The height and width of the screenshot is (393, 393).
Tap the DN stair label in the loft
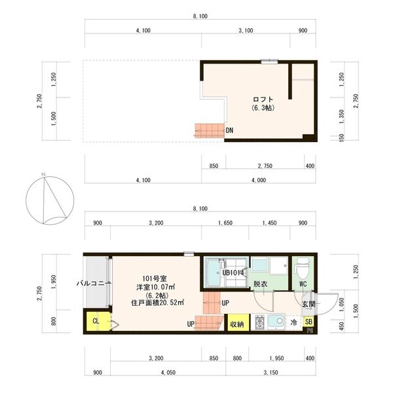coord(229,130)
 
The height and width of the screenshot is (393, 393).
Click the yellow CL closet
coord(96,321)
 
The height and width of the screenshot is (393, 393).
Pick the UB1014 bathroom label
coord(233,272)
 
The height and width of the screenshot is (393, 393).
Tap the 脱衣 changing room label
coord(260,284)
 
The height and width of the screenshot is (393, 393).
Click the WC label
coord(303,284)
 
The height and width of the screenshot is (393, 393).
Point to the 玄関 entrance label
coord(309,304)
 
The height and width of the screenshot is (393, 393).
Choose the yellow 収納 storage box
coord(237,323)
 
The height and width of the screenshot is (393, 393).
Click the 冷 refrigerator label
coord(293,323)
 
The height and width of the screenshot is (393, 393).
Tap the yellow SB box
coord(309,322)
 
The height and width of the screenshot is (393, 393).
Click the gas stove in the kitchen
coord(259,322)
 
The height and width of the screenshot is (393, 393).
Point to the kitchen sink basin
coord(275,322)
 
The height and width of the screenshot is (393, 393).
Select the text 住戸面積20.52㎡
coord(157,302)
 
